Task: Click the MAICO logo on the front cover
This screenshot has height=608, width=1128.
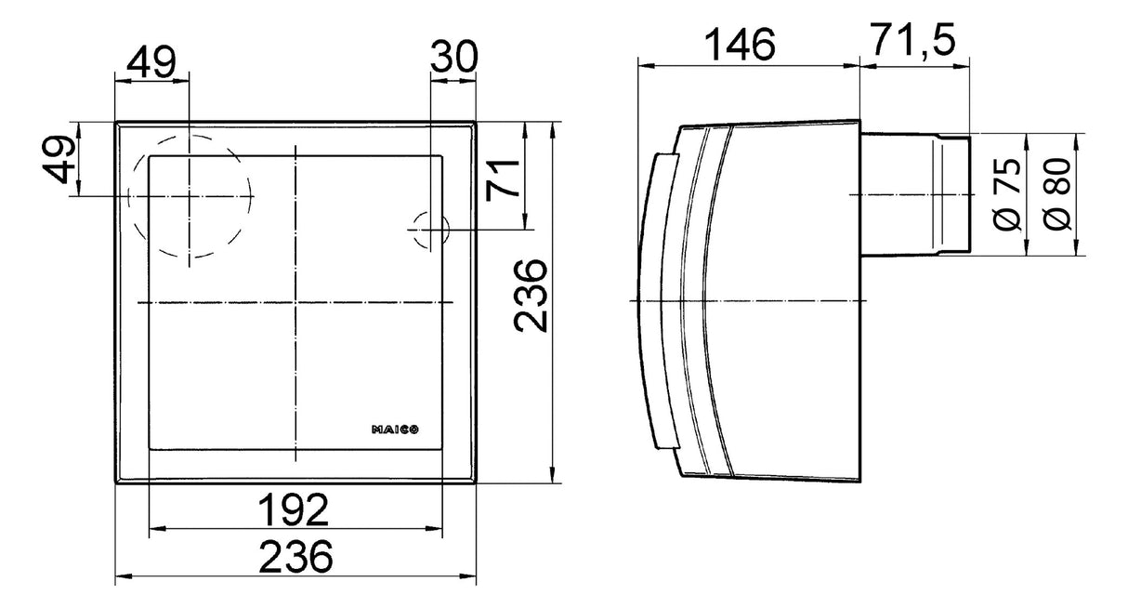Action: (395, 430)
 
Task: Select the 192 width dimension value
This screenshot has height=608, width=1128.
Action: (294, 509)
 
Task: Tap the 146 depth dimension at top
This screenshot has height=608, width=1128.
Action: (741, 44)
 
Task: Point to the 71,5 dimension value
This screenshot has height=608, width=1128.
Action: (914, 39)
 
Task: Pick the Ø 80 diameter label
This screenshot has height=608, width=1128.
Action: (1056, 194)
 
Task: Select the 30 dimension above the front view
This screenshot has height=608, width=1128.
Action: (453, 57)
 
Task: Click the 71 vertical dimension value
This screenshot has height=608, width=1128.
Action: (503, 179)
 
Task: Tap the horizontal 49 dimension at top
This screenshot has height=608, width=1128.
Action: (151, 62)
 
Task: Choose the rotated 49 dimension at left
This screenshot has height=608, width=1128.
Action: (59, 159)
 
